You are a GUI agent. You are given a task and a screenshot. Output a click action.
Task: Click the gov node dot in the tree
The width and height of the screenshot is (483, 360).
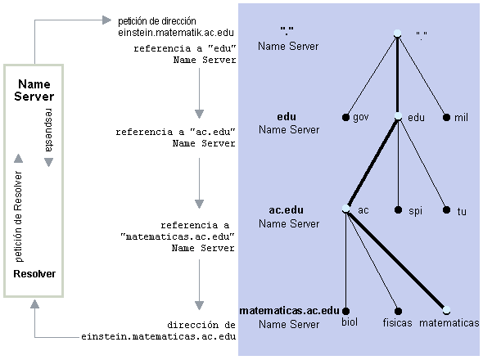345,117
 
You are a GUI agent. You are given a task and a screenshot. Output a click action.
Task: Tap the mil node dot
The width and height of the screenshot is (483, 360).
446,117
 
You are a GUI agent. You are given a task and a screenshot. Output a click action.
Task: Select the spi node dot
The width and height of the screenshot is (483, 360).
399,210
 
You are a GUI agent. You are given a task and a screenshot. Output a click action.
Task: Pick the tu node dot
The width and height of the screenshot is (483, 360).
446,210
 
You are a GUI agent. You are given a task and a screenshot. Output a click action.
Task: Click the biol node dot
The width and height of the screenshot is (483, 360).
345,312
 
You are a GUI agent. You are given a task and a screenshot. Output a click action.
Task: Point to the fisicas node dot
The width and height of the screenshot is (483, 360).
399,312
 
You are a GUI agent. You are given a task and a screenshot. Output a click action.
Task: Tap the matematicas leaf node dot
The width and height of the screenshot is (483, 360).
446,310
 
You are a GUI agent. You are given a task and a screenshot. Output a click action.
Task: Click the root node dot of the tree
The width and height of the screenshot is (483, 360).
397,34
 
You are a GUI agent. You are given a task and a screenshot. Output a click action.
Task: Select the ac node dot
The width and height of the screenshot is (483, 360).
346,209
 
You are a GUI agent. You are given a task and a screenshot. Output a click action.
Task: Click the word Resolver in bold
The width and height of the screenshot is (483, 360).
34,274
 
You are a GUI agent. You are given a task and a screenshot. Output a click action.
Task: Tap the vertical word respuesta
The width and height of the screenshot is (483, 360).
48,130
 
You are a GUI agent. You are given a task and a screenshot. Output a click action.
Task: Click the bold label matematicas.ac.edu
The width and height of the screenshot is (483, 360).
289,311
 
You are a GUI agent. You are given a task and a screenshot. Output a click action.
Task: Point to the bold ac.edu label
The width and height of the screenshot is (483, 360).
287,210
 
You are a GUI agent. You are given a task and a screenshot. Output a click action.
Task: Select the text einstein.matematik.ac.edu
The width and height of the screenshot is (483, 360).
176,33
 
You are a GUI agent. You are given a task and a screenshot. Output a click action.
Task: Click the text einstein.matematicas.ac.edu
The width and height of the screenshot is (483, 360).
159,336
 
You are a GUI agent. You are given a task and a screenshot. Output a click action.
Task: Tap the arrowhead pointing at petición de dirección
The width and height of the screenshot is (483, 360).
106,20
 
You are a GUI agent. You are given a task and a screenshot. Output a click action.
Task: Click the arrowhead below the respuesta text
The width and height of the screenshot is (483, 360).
48,162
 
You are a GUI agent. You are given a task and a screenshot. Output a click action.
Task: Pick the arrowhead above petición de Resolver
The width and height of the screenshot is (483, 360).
19,158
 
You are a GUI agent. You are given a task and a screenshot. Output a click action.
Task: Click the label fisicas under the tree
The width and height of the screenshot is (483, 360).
397,322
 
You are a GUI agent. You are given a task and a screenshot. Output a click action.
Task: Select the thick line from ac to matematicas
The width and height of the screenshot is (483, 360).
396,259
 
